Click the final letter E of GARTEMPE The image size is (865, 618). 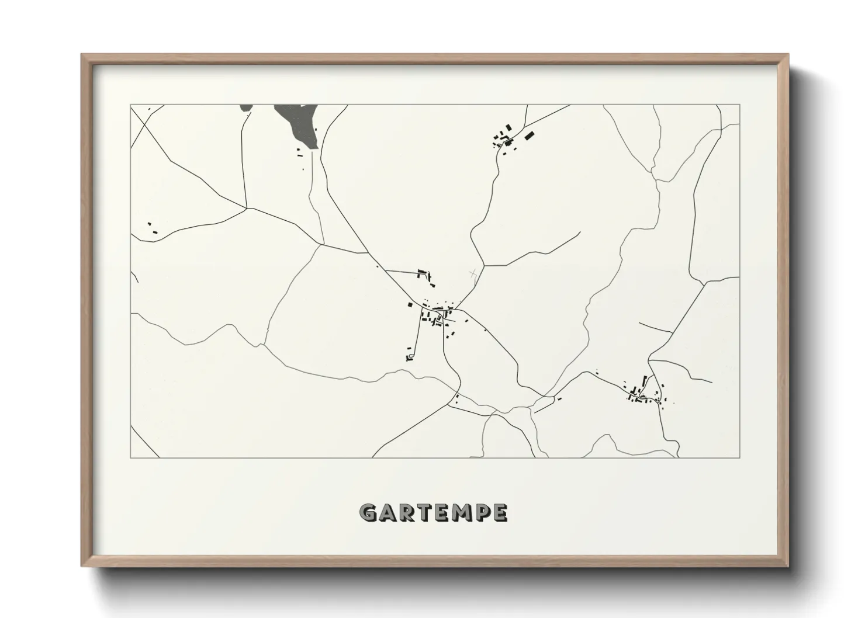(x=500, y=513)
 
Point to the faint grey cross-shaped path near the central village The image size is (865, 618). (x=473, y=273)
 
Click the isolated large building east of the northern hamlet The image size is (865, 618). (x=529, y=136)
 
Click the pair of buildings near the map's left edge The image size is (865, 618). (x=153, y=228)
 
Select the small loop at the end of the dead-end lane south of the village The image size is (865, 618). (x=410, y=355)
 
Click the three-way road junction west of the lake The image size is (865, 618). (x=247, y=207)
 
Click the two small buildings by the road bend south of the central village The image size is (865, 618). (x=456, y=400)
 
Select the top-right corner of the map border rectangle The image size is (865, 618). (x=739, y=105)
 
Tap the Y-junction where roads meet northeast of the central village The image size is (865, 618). (x=484, y=266)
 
